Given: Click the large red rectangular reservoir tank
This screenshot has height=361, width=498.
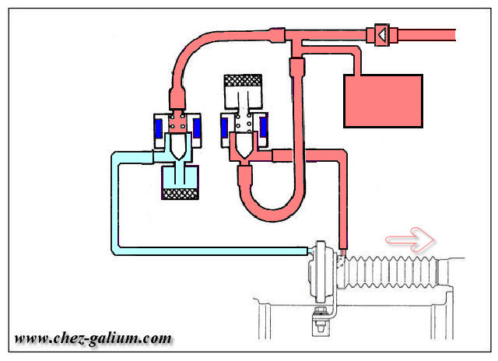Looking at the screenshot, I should pos(382,100).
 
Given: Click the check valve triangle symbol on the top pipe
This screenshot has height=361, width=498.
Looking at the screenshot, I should pos(382,33).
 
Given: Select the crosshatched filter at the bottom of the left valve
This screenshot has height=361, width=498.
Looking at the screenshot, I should pos(181,190).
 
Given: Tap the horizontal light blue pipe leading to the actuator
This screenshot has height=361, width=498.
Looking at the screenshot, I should pos(210,251).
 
